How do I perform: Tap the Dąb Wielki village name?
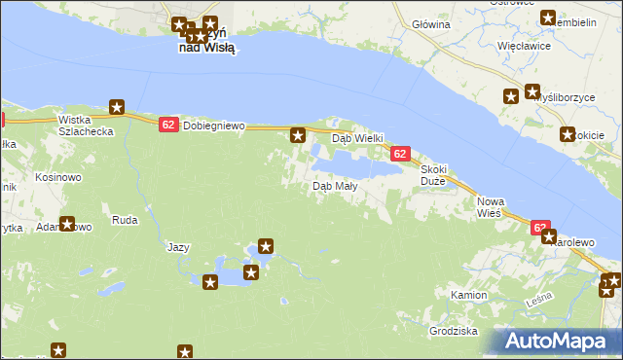pyautogui.click(x=359, y=138)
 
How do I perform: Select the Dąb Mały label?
pyautogui.click(x=333, y=186)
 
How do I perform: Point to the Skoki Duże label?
pyautogui.click(x=433, y=174)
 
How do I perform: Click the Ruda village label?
pyautogui.click(x=125, y=220)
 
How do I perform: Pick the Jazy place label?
pyautogui.click(x=177, y=247)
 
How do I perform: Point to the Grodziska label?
pyautogui.click(x=453, y=331)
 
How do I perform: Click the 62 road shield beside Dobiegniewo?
pyautogui.click(x=167, y=125)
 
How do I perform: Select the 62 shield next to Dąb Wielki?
pyautogui.click(x=400, y=154)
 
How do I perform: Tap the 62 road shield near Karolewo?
pyautogui.click(x=541, y=227)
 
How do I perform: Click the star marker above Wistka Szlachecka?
pyautogui.click(x=118, y=107)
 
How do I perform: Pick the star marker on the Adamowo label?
pyautogui.click(x=67, y=224)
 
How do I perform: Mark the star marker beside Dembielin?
pyautogui.click(x=549, y=18)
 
